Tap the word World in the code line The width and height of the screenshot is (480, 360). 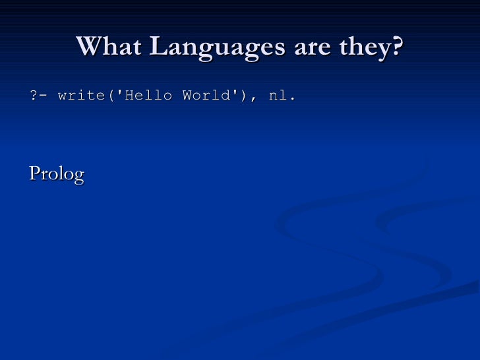(x=204, y=96)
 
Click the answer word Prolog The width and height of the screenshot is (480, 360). (x=57, y=175)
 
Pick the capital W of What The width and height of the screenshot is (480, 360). (x=88, y=47)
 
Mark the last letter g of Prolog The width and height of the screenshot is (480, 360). (x=79, y=177)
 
